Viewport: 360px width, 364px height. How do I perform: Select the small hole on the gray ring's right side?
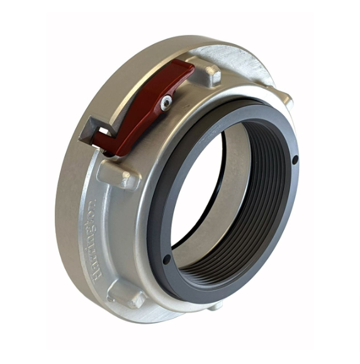[x=295, y=160]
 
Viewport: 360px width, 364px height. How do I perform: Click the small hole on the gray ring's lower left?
[x=166, y=258]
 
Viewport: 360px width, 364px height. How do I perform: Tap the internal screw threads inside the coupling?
[x=252, y=207]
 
